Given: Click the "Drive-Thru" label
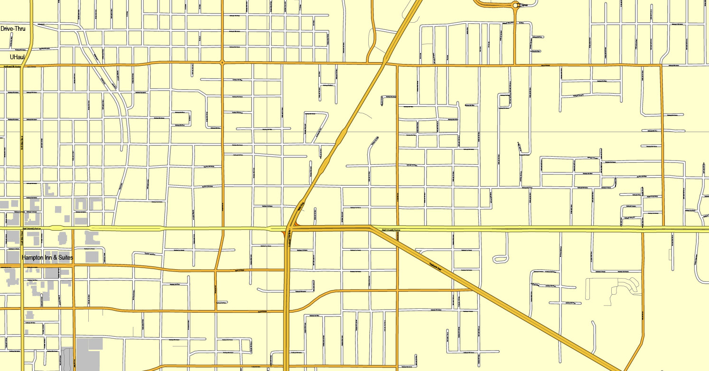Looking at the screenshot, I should pyautogui.click(x=13, y=29).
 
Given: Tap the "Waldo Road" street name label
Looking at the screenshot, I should pyautogui.click(x=300, y=207).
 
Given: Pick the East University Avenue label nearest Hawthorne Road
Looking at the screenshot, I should pyautogui.click(x=395, y=231).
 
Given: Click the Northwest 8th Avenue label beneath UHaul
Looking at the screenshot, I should pyautogui.click(x=12, y=67).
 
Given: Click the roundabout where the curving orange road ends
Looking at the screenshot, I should pyautogui.click(x=516, y=5).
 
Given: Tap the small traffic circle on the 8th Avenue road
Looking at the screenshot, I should pyautogui.click(x=222, y=63).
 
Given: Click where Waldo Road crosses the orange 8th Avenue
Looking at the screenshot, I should pyautogui.click(x=384, y=63).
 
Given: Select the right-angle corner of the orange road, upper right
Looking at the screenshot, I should pyautogui.click(x=661, y=65).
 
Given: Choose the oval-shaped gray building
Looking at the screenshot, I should pyautogui.click(x=62, y=237).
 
